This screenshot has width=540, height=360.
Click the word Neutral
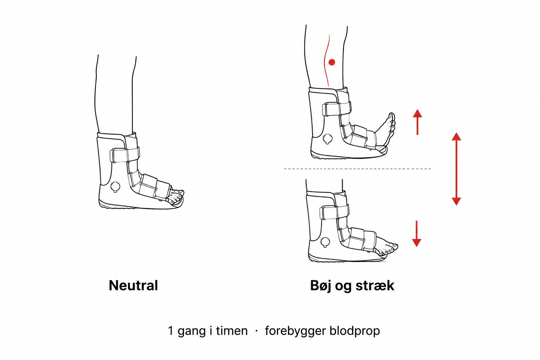coord(133,285)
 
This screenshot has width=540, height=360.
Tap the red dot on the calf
coord(332,62)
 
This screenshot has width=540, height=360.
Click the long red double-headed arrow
coord(456,169)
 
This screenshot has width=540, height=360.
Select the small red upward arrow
coord(417,122)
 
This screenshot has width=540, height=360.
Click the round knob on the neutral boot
coord(115,186)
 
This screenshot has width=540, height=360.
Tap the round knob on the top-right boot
coord(328,139)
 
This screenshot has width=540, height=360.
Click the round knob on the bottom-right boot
coord(325,242)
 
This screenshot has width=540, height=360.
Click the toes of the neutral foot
coord(177,196)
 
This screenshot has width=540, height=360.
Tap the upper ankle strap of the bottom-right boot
coord(334,211)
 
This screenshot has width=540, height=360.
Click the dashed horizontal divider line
coord(358,169)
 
